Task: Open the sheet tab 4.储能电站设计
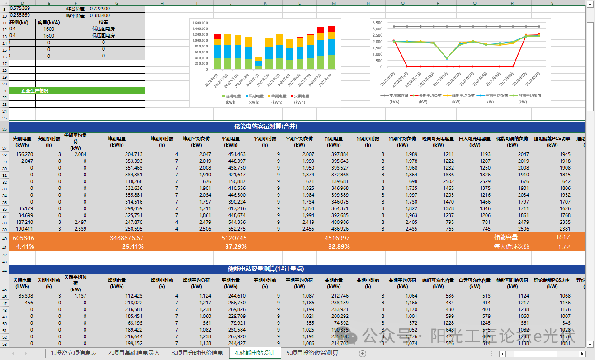point(255,353)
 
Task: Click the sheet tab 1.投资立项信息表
point(74,353)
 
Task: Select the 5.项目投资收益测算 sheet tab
point(312,353)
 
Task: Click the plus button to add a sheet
point(362,353)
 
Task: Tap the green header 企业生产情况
point(35,90)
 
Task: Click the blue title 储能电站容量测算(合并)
point(262,126)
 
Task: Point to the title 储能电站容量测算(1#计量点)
point(265,269)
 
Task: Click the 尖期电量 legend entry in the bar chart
point(299,96)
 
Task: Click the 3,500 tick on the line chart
point(377,22)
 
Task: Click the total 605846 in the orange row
point(23,238)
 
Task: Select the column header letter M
point(334,3)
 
